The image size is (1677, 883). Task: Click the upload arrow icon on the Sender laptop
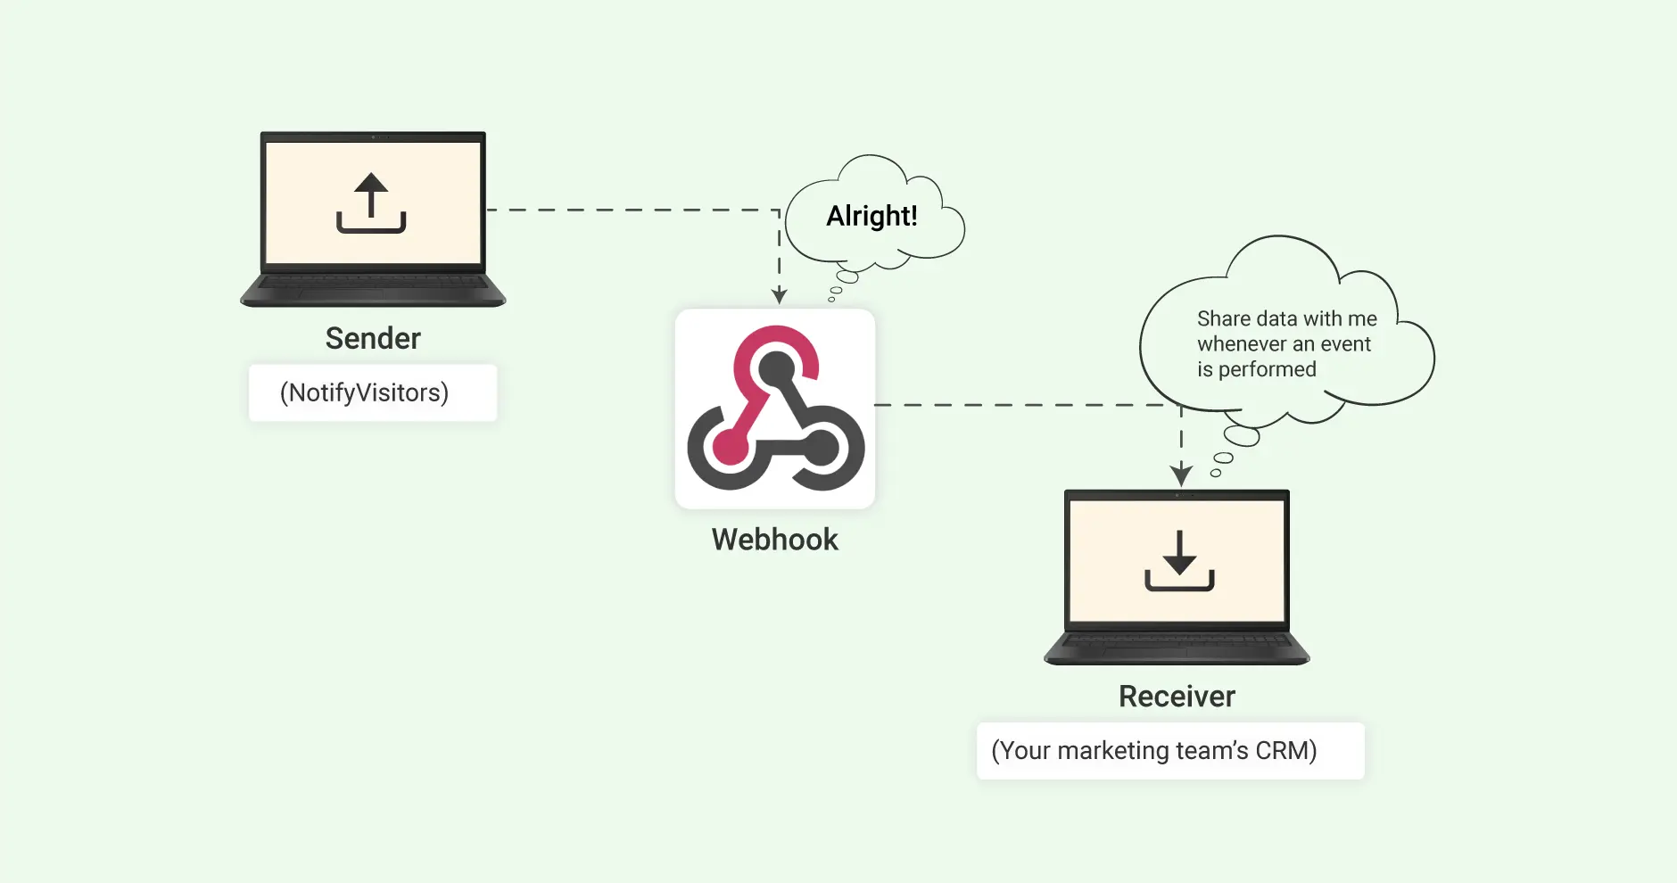click(371, 203)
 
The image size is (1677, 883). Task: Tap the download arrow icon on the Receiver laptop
click(1179, 561)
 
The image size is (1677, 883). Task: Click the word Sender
click(373, 339)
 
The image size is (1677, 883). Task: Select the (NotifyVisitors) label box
click(373, 392)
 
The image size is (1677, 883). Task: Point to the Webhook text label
click(774, 540)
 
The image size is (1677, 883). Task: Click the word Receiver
click(1177, 697)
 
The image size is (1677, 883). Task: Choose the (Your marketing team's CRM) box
click(1169, 751)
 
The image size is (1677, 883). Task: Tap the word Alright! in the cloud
click(872, 216)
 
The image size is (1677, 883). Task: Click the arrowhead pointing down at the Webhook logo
click(779, 296)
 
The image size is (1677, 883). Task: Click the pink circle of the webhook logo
click(731, 445)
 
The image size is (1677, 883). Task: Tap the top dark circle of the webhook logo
click(776, 367)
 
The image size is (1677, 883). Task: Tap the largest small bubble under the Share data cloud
click(1241, 436)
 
